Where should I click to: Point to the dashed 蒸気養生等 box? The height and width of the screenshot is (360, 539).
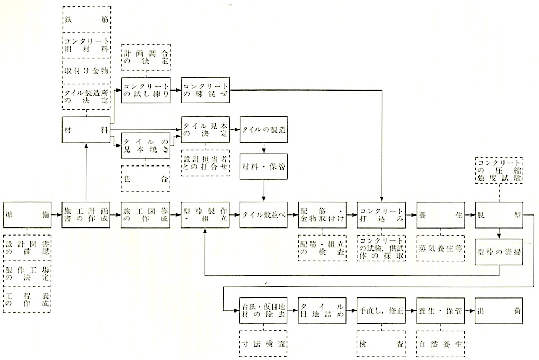point(440,248)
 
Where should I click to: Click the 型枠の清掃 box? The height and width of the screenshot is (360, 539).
point(499,254)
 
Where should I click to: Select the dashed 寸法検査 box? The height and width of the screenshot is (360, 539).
point(264,342)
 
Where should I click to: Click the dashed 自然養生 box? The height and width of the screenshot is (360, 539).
point(440,342)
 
